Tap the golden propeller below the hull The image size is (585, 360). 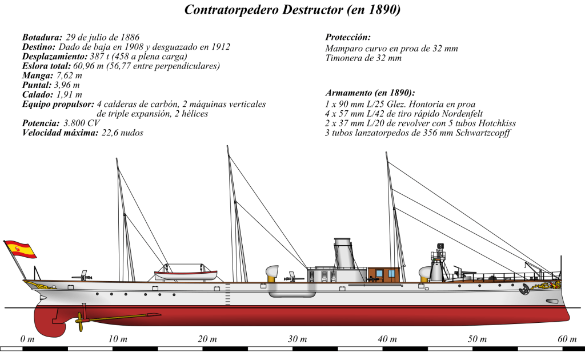[81, 323]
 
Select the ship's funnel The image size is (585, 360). [344, 253]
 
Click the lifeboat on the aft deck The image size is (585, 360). [186, 273]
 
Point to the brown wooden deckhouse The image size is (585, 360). [384, 274]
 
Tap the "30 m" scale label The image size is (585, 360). [298, 339]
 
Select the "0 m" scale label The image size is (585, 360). [27, 339]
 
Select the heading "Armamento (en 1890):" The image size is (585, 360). [370, 93]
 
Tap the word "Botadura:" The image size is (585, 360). [42, 37]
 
